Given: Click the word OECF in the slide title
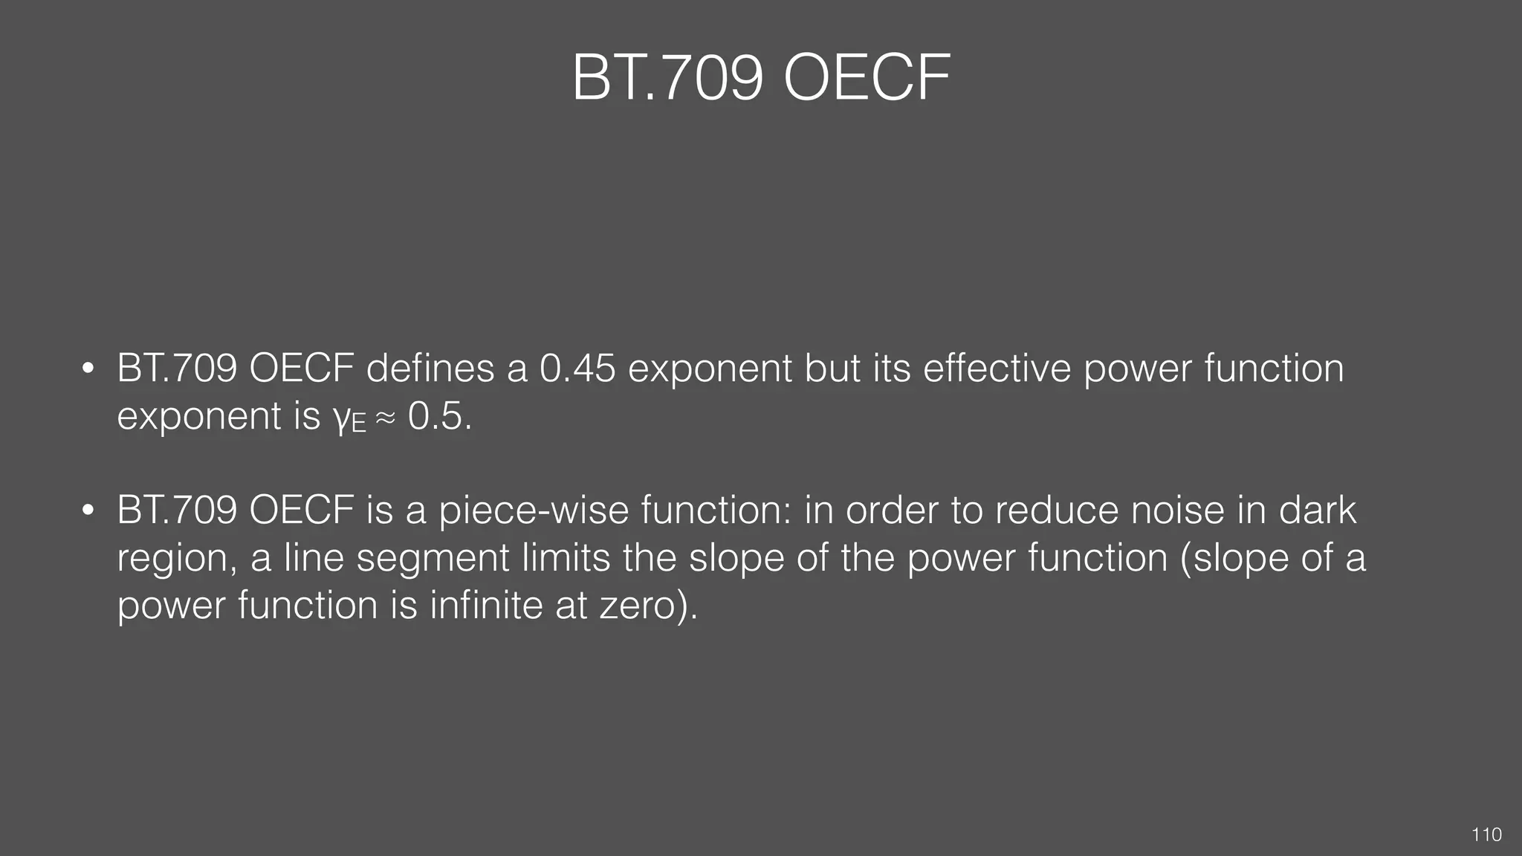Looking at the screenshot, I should pyautogui.click(x=867, y=79).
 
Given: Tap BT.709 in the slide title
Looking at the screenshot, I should pyautogui.click(x=667, y=79).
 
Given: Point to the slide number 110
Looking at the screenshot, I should pyautogui.click(x=1486, y=835).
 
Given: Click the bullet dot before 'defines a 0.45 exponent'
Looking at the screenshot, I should pyautogui.click(x=88, y=369).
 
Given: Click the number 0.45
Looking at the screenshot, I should pyautogui.click(x=577, y=369).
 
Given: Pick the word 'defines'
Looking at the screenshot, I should pyautogui.click(x=430, y=369).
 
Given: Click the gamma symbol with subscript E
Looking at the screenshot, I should pyautogui.click(x=349, y=418).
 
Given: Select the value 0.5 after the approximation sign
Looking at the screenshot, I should pyautogui.click(x=435, y=416).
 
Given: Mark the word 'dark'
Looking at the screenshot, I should pyautogui.click(x=1317, y=510).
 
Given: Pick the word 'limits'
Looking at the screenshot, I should pyautogui.click(x=566, y=557).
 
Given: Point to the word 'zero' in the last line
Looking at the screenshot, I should pyautogui.click(x=638, y=606).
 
